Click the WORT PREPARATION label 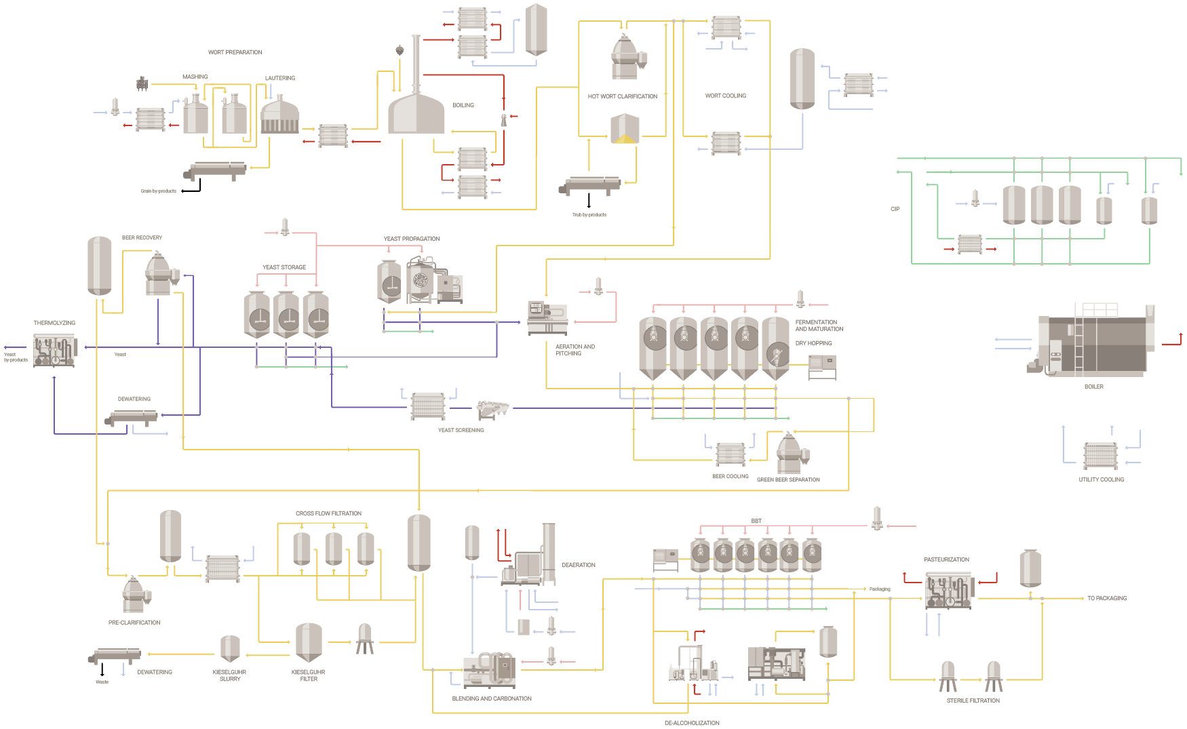click(235, 52)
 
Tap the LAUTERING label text click(279, 78)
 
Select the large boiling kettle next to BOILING click(416, 112)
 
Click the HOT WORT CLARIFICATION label click(622, 96)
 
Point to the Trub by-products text click(589, 215)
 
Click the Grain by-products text click(158, 191)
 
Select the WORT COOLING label click(725, 96)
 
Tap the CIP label click(895, 209)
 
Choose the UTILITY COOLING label click(1101, 479)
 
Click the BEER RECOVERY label click(142, 238)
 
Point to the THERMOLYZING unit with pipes click(55, 350)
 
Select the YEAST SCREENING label click(461, 430)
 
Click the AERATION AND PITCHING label click(575, 350)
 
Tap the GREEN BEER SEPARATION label click(788, 479)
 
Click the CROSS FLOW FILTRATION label click(328, 513)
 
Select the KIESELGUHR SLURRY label click(229, 675)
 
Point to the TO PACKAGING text click(1106, 598)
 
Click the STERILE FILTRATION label click(973, 701)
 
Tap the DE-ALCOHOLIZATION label click(692, 723)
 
